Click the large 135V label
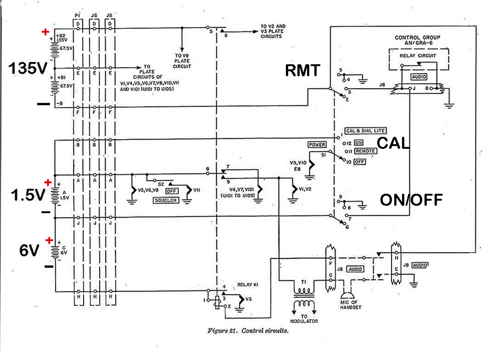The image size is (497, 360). [28, 68]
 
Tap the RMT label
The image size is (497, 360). [302, 70]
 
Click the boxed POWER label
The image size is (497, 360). [317, 144]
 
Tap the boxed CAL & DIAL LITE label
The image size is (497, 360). [366, 130]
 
